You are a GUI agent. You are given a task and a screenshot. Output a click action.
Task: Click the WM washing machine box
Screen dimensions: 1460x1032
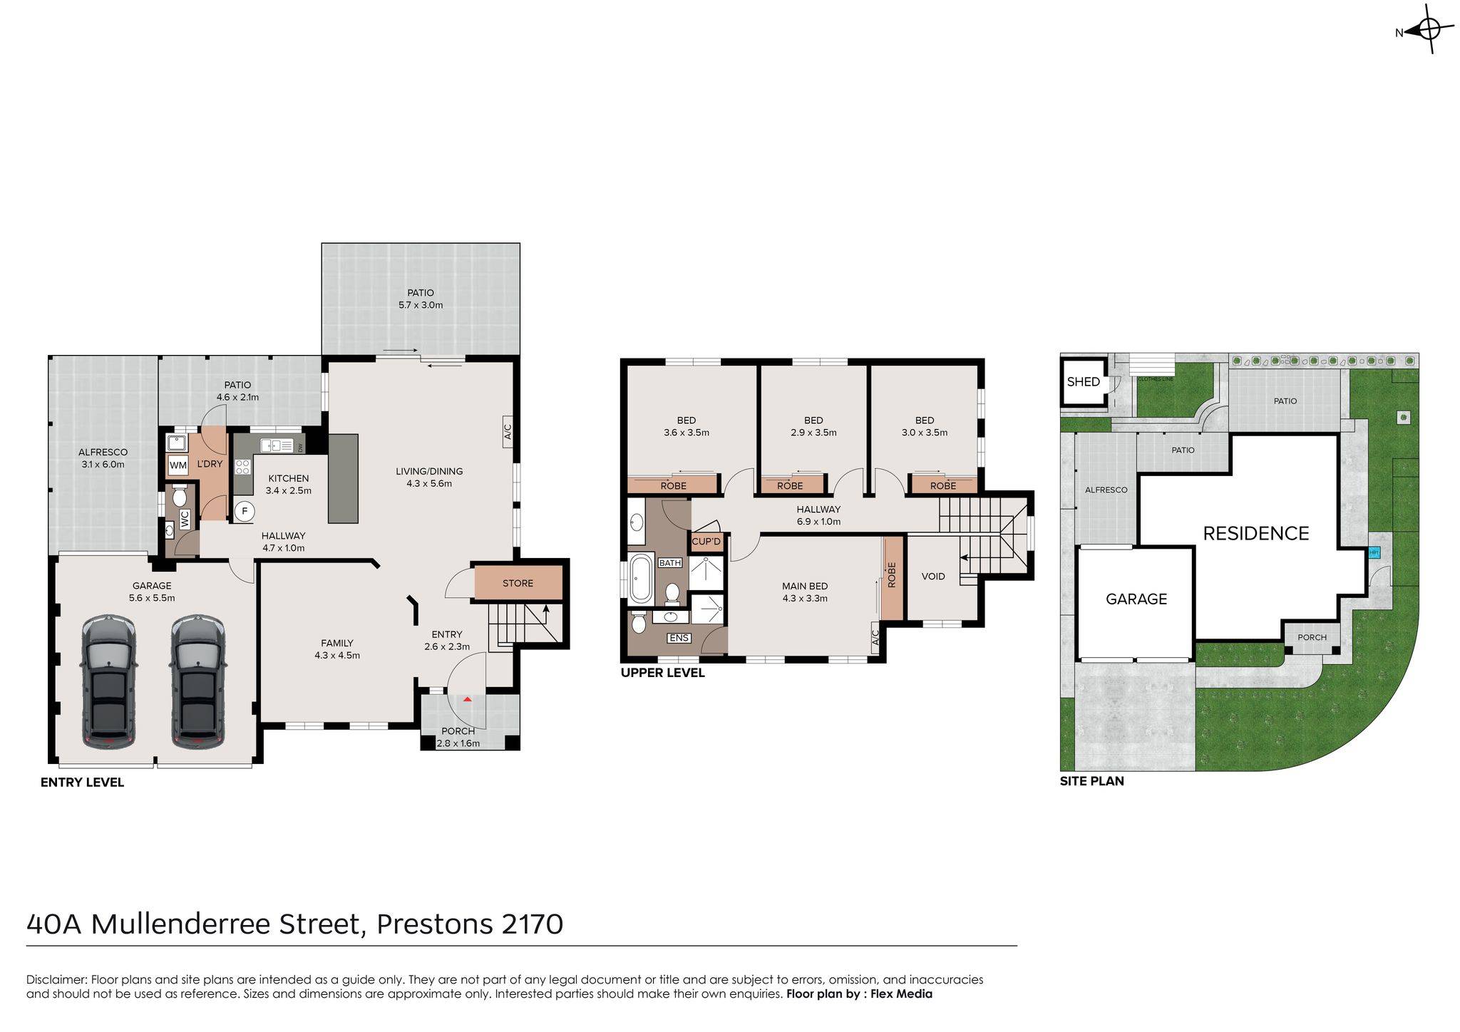click(178, 465)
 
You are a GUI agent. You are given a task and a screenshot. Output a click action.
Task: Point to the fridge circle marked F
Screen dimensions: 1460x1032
click(244, 511)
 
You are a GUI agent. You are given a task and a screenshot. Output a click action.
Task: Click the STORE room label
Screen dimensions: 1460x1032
click(518, 583)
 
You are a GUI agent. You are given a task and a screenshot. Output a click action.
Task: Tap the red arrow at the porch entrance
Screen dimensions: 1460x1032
click(467, 700)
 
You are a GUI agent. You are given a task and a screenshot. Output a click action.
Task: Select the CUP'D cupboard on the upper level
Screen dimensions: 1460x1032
click(706, 542)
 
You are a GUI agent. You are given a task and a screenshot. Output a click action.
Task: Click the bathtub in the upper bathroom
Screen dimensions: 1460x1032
click(641, 578)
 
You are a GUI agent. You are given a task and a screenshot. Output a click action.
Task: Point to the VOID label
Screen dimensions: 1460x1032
click(933, 576)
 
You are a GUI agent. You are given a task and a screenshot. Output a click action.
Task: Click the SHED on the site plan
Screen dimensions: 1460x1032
click(1083, 382)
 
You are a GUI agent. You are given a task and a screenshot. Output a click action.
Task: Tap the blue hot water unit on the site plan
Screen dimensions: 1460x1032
click(1373, 552)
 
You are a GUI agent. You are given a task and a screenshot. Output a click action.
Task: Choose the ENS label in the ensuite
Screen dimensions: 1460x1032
click(679, 638)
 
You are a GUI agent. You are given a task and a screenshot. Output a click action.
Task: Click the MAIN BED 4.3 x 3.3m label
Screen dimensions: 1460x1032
click(805, 592)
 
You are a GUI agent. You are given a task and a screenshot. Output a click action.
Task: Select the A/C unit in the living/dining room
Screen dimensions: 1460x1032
click(508, 432)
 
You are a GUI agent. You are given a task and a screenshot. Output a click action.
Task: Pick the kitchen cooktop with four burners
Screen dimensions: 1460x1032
click(243, 467)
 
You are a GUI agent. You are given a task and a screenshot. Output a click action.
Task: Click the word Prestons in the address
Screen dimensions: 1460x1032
click(435, 924)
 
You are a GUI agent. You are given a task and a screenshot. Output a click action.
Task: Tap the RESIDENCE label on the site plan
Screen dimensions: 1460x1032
click(1256, 533)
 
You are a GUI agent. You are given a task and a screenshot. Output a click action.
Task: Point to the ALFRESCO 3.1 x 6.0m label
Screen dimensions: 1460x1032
click(103, 458)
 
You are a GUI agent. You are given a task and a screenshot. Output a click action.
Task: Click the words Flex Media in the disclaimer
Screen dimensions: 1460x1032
click(901, 994)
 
